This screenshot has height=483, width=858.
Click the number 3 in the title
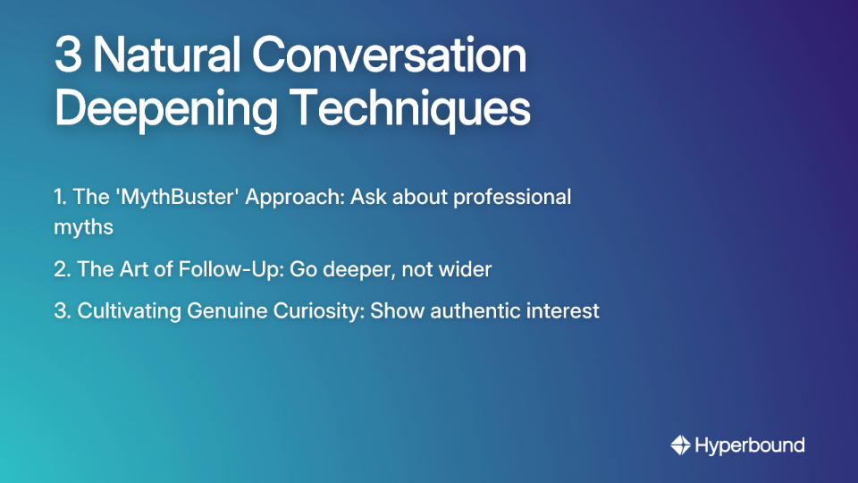click(67, 56)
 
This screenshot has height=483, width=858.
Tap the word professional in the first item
click(512, 197)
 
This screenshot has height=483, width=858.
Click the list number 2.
click(60, 269)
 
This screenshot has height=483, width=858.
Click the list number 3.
click(60, 311)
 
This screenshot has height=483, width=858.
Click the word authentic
click(472, 311)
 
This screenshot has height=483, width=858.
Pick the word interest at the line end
click(567, 311)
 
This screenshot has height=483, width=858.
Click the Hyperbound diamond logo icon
click(680, 445)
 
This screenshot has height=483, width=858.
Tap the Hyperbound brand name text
click(749, 445)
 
